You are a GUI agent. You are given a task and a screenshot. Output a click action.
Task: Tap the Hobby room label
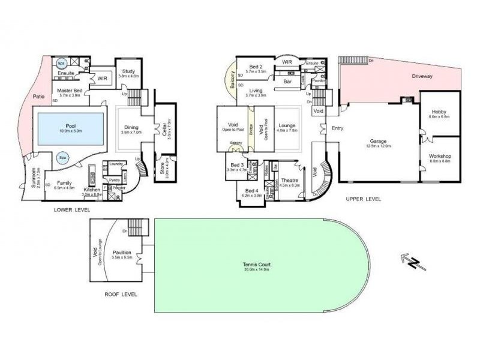pyautogui.click(x=439, y=112)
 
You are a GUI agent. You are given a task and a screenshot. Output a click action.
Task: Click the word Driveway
pyautogui.click(x=423, y=77)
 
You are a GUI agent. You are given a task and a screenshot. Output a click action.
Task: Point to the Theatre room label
pyautogui.click(x=290, y=180)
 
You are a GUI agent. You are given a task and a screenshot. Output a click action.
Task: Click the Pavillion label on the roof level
pyautogui.click(x=122, y=253)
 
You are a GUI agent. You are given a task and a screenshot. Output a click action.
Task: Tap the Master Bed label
pyautogui.click(x=70, y=90)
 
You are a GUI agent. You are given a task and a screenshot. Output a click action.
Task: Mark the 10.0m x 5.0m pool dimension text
pyautogui.click(x=70, y=131)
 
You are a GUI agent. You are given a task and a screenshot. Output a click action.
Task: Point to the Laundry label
pyautogui.click(x=116, y=164)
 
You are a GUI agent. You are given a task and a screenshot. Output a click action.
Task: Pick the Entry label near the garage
pyautogui.click(x=338, y=127)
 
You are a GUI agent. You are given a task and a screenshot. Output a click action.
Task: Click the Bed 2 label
pyautogui.click(x=256, y=65)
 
